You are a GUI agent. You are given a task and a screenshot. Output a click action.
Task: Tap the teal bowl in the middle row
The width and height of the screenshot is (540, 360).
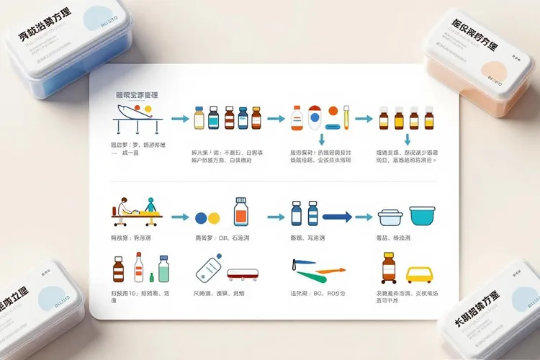[424, 215]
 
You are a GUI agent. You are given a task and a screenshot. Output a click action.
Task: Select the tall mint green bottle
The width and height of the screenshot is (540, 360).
[163, 269]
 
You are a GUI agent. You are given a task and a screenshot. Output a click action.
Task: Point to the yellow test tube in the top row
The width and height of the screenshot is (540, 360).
[346, 117]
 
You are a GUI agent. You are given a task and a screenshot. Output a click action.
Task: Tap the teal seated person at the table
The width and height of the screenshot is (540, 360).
[150, 204]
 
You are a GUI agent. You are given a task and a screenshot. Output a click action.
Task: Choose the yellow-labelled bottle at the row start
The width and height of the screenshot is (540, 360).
[199, 118]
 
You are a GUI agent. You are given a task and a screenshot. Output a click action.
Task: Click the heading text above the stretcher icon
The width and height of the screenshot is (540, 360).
[137, 94]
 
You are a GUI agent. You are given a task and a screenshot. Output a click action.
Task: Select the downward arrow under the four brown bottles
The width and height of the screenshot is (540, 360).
[408, 140]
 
